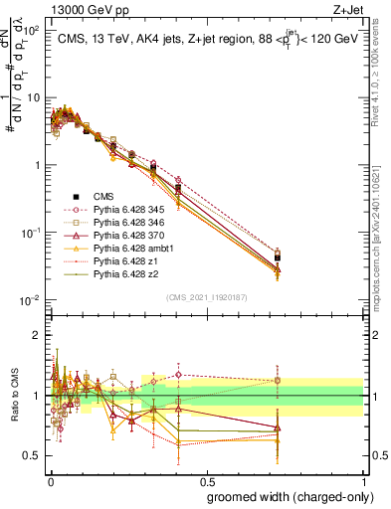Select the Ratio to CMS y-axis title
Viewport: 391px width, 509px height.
coord(13,396)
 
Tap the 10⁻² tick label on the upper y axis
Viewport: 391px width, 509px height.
coord(30,300)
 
